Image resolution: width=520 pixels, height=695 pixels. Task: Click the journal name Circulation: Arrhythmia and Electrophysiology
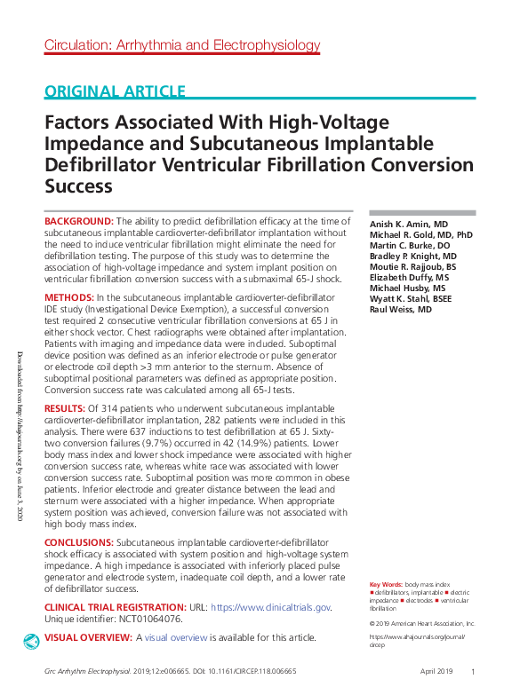click(182, 45)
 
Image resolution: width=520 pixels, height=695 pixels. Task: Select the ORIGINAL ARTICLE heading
click(115, 91)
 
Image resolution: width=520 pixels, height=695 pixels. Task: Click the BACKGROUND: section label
click(79, 220)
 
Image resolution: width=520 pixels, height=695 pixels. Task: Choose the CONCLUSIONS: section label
click(79, 541)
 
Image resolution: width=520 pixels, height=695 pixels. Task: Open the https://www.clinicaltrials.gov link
click(271, 607)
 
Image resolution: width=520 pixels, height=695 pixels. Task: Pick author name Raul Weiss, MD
click(402, 310)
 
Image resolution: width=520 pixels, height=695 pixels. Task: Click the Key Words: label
click(386, 585)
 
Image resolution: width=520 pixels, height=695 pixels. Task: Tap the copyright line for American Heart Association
click(422, 623)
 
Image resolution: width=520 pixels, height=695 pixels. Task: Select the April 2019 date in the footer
click(438, 672)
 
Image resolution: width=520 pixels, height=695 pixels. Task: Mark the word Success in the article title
click(79, 186)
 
